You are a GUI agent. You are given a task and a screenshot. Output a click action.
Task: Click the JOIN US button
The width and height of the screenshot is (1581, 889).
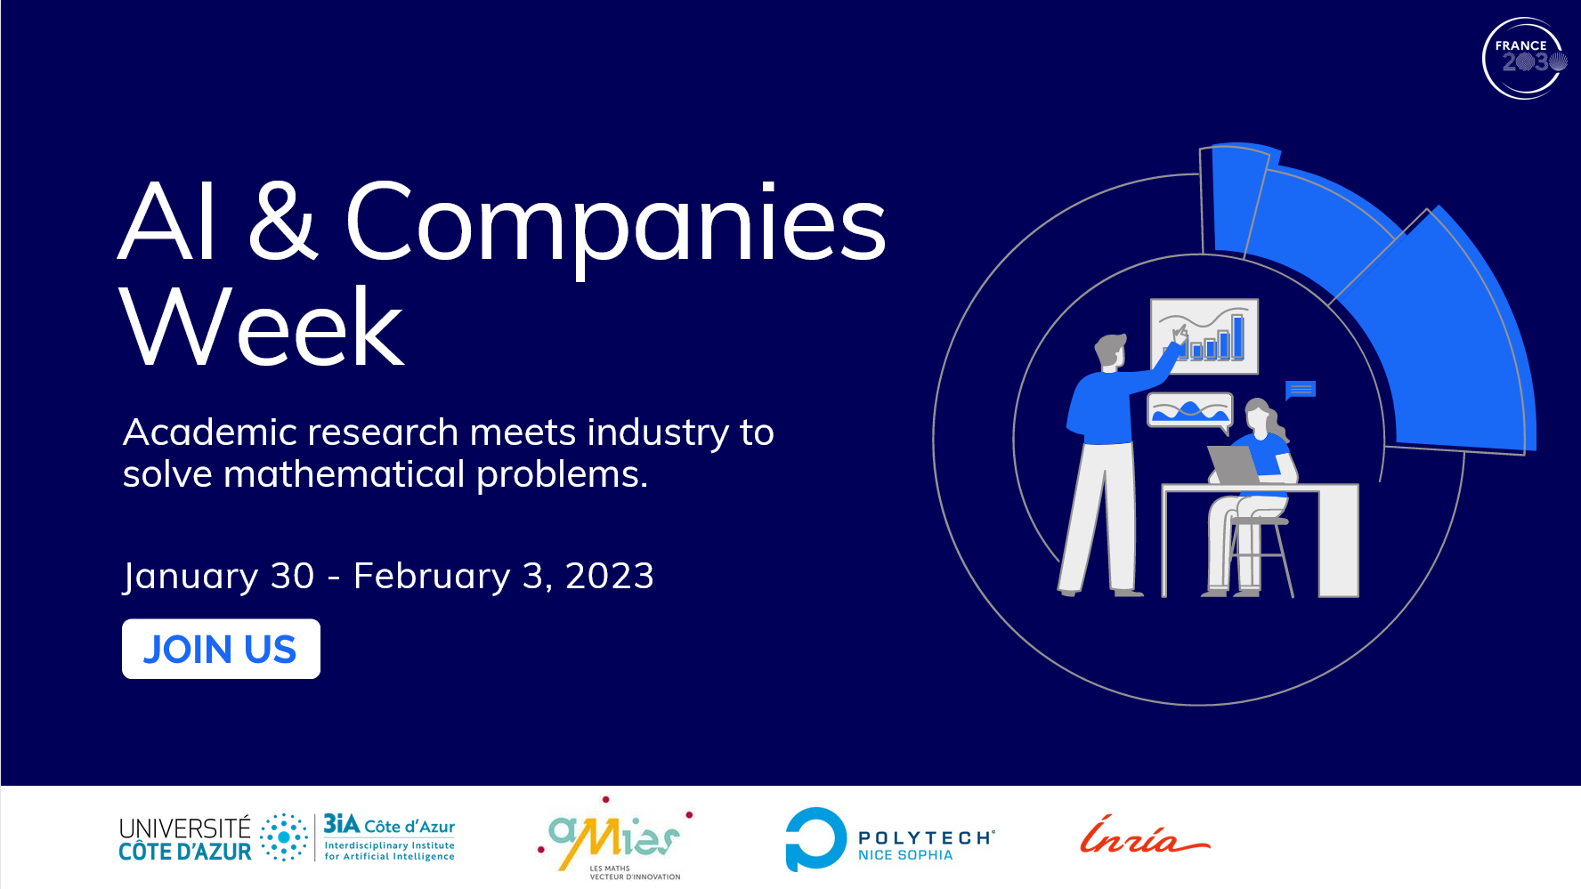(x=221, y=649)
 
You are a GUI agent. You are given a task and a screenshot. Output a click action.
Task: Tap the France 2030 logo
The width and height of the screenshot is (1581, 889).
(x=1524, y=58)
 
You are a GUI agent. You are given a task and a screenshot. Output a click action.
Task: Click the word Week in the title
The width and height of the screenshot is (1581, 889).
(x=262, y=327)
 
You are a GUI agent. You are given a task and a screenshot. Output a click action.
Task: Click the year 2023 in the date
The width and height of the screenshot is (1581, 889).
(x=610, y=576)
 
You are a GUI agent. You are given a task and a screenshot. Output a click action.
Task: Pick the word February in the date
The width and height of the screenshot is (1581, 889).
(x=432, y=577)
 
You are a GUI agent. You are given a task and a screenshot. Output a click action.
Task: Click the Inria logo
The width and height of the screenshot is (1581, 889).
(x=1144, y=836)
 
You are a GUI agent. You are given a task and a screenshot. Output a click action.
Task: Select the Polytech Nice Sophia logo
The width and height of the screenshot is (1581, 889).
(x=890, y=839)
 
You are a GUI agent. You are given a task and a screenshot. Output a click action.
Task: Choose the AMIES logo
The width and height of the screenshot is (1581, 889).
(x=614, y=838)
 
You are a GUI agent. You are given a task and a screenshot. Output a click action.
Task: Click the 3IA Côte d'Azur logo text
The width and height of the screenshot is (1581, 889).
(x=389, y=836)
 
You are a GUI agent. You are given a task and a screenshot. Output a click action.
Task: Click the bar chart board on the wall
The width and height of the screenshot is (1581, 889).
(x=1204, y=336)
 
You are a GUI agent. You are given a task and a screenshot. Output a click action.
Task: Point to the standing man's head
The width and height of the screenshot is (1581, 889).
(x=1111, y=351)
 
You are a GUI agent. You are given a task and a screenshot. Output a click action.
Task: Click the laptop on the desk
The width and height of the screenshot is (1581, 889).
(x=1234, y=465)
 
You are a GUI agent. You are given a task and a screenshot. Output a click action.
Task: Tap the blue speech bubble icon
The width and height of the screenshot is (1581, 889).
(x=1301, y=390)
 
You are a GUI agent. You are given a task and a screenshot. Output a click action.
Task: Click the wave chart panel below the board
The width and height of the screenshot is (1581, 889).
(x=1190, y=410)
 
